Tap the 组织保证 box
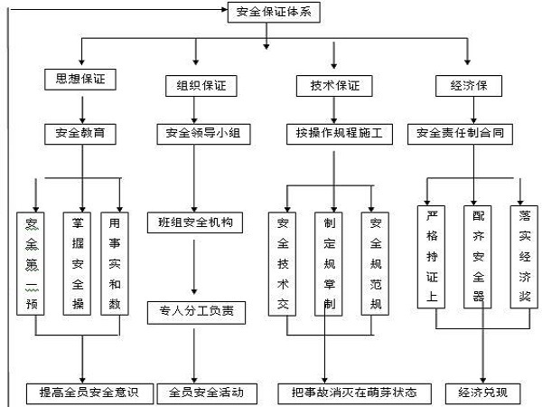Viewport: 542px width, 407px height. click(194, 86)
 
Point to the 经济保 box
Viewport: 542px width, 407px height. click(467, 87)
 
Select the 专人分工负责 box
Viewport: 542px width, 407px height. click(194, 311)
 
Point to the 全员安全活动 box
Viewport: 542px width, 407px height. click(200, 393)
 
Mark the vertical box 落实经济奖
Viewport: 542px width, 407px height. click(525, 257)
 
